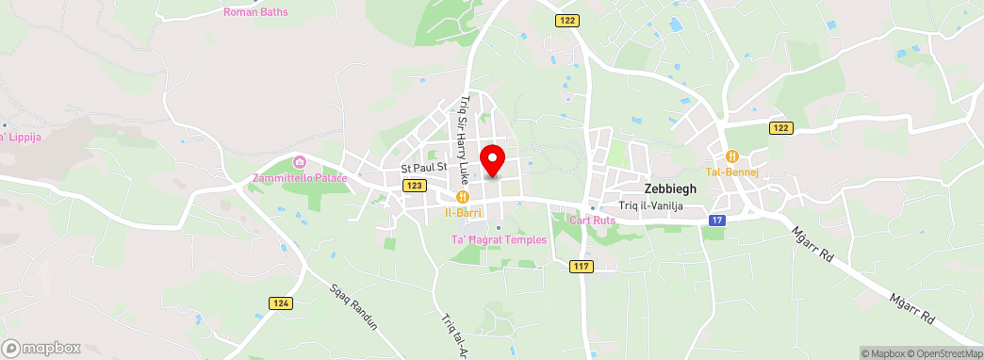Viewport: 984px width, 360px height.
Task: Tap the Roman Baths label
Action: tap(255, 12)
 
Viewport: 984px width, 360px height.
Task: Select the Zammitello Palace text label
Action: tap(299, 178)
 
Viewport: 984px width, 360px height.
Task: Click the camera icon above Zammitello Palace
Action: tap(300, 163)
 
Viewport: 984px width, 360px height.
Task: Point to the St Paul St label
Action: tap(422, 169)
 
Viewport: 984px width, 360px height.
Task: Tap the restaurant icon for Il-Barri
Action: tap(463, 196)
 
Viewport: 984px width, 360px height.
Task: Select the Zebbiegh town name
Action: tap(670, 188)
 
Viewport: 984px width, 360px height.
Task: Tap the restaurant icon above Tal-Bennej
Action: tap(730, 156)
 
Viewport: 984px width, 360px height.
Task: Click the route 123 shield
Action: tap(416, 186)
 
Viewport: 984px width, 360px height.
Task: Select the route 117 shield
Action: tap(581, 267)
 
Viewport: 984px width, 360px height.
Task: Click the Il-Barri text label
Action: tap(463, 213)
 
